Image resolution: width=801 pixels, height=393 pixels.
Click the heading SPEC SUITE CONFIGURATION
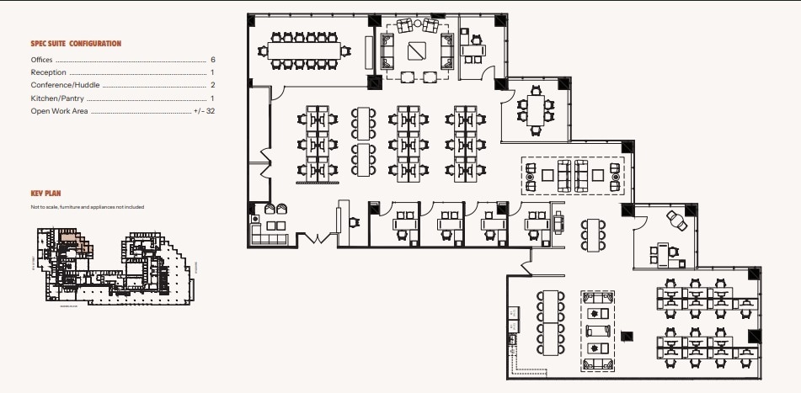pyautogui.click(x=76, y=43)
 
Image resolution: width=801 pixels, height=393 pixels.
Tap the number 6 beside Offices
pyautogui.click(x=213, y=60)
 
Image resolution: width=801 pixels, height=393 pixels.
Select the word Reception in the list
pyautogui.click(x=48, y=72)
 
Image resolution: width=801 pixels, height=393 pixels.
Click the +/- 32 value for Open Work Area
pyautogui.click(x=204, y=110)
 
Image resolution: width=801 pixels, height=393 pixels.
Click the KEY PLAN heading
pyautogui.click(x=45, y=194)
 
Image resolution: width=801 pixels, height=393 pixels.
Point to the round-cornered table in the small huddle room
pyautogui.click(x=536, y=110)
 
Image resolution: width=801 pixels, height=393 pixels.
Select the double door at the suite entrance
pyautogui.click(x=315, y=237)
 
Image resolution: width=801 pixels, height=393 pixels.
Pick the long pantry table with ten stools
pyautogui.click(x=552, y=321)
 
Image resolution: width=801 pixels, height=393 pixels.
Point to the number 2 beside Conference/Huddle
pyautogui.click(x=213, y=85)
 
